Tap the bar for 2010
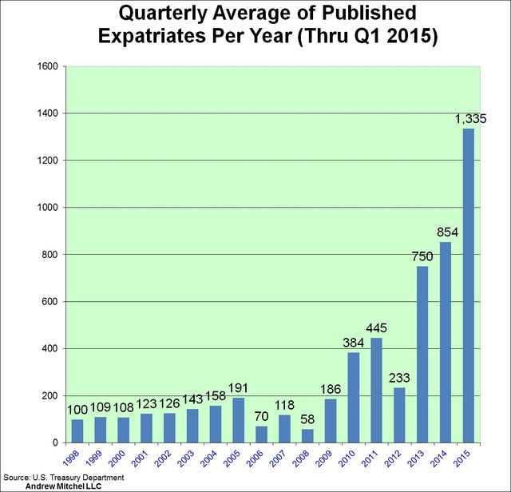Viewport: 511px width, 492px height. [x=353, y=398]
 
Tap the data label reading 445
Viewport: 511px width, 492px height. [x=376, y=329]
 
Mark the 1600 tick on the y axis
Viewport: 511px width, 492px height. [x=46, y=66]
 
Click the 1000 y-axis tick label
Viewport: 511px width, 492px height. [x=46, y=208]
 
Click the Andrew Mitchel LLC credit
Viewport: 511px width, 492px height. [x=58, y=486]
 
